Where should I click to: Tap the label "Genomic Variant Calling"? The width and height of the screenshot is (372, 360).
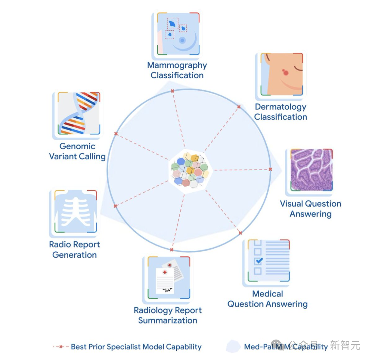pos(77,151)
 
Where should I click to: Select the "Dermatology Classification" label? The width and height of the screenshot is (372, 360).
pos(280,112)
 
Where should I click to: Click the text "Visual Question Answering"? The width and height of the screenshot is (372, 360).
pos(310,209)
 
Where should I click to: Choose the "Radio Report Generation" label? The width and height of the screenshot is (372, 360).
pos(74,250)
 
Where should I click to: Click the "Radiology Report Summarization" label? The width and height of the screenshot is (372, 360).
pos(168,315)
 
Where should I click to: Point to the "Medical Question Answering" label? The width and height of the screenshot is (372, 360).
pos(267,299)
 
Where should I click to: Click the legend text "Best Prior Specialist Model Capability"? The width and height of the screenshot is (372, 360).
pos(136,347)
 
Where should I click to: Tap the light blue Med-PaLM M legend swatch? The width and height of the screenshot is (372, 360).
pos(233,346)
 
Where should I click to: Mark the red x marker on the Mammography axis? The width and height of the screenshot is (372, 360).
pos(172,91)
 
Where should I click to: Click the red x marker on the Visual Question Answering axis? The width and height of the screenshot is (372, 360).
pos(270,169)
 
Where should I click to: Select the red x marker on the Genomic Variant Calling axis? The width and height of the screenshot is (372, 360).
pos(116,133)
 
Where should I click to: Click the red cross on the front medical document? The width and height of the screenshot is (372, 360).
pos(165,272)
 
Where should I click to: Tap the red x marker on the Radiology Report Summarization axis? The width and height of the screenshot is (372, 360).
pos(172,249)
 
